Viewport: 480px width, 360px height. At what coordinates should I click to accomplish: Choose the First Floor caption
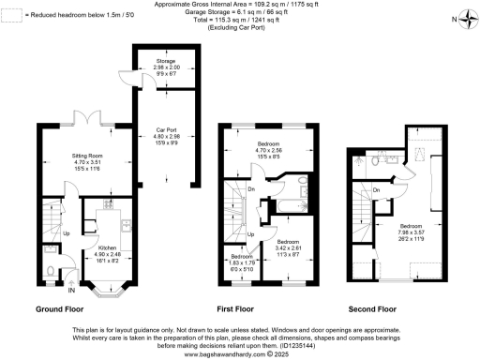pos(246,308)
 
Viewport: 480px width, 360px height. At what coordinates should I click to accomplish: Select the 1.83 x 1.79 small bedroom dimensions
pos(242,263)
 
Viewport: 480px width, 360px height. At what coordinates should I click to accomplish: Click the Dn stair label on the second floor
pos(375,191)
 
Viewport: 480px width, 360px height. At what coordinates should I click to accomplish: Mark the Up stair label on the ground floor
pos(64,233)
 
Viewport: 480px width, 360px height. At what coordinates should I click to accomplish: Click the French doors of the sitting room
pos(85,120)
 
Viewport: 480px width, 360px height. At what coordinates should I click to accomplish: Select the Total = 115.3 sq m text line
pos(240,19)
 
